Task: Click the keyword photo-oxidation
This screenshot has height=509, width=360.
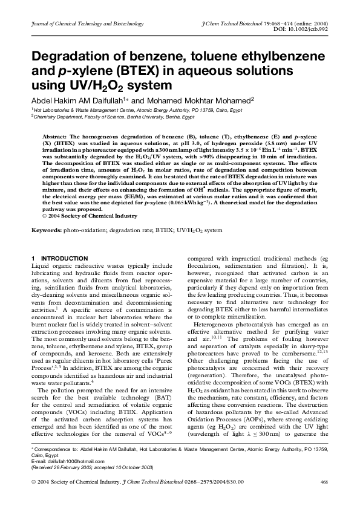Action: tap(83, 230)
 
